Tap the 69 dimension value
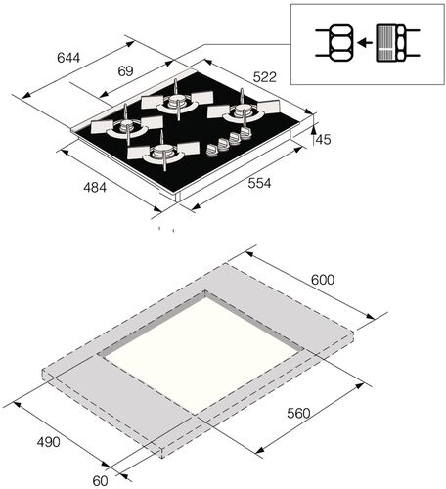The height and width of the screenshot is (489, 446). pos(125,71)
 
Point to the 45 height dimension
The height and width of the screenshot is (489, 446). pos(324,140)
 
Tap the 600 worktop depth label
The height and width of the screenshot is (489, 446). pos(323,280)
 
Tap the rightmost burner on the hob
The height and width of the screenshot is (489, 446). pos(237,114)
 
